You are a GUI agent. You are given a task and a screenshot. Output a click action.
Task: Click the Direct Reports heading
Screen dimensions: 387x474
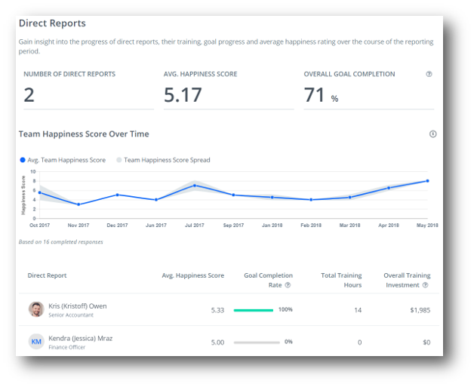tap(52, 23)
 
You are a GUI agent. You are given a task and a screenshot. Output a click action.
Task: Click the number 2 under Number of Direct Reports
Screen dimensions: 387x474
tap(29, 95)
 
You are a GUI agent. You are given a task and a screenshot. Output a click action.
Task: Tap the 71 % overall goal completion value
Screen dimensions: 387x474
tap(320, 96)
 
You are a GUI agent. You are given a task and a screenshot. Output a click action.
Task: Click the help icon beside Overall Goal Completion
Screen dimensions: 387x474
tap(429, 74)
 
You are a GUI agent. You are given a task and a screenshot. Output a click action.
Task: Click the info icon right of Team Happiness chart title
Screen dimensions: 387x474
tap(432, 134)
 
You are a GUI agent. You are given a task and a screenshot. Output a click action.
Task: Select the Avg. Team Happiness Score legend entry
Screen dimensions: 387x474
tap(63, 160)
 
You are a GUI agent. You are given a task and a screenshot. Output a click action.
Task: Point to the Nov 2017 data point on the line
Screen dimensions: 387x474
tap(78, 204)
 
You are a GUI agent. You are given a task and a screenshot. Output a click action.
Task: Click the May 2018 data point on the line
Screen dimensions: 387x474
tap(427, 181)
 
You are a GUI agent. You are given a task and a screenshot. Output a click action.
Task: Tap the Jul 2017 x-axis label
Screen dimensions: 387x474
tap(195, 225)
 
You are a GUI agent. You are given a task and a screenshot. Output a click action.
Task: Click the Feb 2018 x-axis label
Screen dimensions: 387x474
tap(311, 225)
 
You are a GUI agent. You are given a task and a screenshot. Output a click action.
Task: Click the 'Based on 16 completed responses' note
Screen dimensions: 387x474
tap(60, 242)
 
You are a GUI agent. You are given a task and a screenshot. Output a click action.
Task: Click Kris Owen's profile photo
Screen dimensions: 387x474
tap(36, 309)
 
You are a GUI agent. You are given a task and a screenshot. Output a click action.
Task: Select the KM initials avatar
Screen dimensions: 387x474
tap(36, 342)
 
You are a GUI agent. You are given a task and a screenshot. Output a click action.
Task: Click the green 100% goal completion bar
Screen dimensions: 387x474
tap(254, 310)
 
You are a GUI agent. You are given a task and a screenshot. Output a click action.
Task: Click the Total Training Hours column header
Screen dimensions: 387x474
tap(341, 280)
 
